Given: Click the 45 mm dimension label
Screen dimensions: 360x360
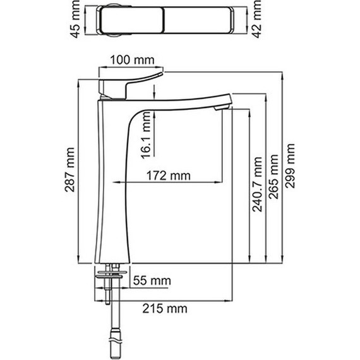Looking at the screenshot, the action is pyautogui.click(x=75, y=19).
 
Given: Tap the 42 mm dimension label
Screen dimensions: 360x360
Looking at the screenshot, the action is pyautogui.click(x=256, y=19).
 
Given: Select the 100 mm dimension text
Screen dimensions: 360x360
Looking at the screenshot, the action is pyautogui.click(x=132, y=60).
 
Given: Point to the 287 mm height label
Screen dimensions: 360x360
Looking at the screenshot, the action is pyautogui.click(x=69, y=170).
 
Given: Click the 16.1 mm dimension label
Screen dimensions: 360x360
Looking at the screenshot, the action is pyautogui.click(x=145, y=136).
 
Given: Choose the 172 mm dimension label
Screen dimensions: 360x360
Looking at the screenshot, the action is pyautogui.click(x=169, y=176).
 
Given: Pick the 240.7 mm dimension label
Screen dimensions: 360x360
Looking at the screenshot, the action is pyautogui.click(x=257, y=184).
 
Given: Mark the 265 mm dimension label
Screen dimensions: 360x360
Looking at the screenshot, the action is pyautogui.click(x=273, y=177).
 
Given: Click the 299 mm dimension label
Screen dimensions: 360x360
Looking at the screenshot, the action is pyautogui.click(x=290, y=166).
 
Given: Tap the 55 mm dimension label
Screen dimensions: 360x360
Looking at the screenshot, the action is pyautogui.click(x=152, y=280).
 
